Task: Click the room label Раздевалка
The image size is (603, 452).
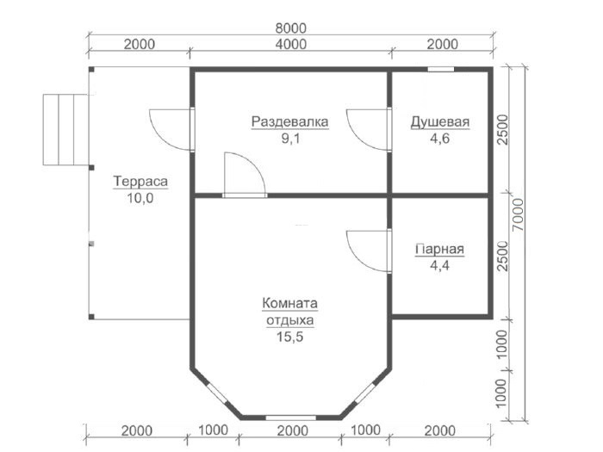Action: coord(290,122)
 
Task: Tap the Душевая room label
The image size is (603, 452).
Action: coord(440,122)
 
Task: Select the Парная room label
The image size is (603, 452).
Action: coord(440,249)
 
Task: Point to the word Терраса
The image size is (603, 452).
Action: coord(140,181)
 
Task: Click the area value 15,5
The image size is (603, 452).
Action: coord(290,337)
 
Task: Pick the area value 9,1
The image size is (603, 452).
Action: coord(290,139)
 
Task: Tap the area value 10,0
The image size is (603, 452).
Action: coord(140,198)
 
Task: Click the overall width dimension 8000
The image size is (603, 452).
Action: coord(291,28)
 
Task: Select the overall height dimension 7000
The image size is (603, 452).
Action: coord(519,214)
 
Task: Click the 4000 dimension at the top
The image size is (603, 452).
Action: coord(291,44)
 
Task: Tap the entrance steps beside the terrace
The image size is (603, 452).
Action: coord(65,129)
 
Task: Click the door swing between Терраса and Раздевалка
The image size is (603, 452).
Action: coord(171,129)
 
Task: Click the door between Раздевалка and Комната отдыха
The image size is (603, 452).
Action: coord(245,175)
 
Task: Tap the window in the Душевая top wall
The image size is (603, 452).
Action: coord(441,70)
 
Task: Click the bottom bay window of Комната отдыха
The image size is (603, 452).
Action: coord(291,418)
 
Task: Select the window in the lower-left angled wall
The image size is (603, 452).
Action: coord(217,393)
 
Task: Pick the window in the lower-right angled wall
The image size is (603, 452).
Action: coord(364,393)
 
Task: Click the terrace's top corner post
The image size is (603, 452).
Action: coord(91,70)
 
